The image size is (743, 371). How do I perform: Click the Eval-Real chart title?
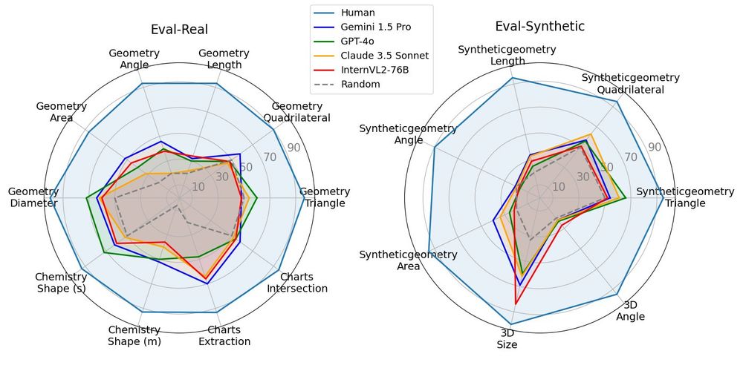(x=179, y=30)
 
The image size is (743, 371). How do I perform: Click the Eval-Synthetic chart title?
(x=540, y=26)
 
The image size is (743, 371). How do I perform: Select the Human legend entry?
(x=357, y=13)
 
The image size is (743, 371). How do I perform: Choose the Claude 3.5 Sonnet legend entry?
(x=384, y=55)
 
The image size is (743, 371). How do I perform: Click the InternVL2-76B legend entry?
(x=374, y=70)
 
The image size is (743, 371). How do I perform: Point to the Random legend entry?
(x=360, y=84)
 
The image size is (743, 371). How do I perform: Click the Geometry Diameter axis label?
(x=33, y=197)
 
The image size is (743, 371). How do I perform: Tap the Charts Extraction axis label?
(x=224, y=335)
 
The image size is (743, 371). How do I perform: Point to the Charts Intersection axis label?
(x=296, y=282)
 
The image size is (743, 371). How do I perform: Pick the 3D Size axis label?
(x=507, y=338)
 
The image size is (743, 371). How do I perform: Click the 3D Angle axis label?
(x=630, y=310)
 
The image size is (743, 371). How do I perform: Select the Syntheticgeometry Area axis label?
(x=408, y=260)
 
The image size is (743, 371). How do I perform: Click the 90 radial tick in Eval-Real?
(x=293, y=148)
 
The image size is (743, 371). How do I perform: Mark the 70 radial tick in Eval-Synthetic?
(x=630, y=157)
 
